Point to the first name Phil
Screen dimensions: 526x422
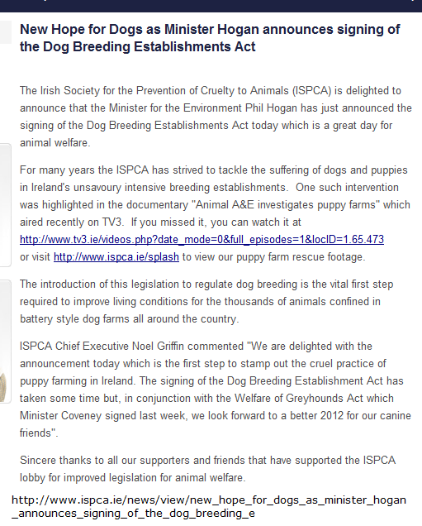(283, 108)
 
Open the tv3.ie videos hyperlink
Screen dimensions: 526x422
(202, 239)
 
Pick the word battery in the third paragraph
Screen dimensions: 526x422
(40, 319)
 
